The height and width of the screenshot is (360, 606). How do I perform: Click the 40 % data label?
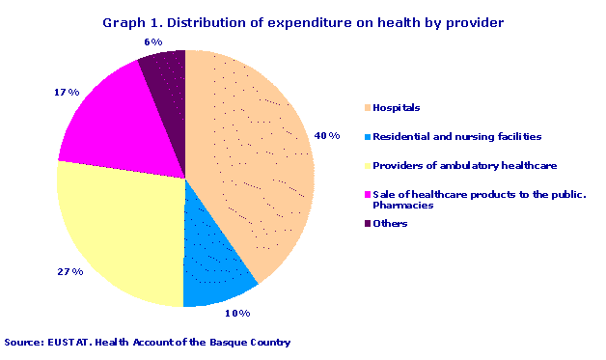click(329, 136)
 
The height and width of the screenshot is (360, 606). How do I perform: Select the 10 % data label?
click(237, 314)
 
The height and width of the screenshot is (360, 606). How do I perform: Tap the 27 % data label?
click(69, 272)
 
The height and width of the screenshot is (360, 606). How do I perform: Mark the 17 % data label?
click(67, 94)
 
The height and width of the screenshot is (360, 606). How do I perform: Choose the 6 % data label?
click(152, 42)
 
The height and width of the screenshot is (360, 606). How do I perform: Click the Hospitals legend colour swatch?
click(368, 108)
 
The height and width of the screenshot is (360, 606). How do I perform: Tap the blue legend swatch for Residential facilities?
click(368, 137)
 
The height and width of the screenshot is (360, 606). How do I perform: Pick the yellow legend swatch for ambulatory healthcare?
click(368, 166)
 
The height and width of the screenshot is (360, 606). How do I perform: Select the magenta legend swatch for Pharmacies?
click(368, 195)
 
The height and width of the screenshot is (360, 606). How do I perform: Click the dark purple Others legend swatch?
click(368, 224)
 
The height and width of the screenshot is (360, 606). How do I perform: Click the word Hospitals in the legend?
click(397, 108)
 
